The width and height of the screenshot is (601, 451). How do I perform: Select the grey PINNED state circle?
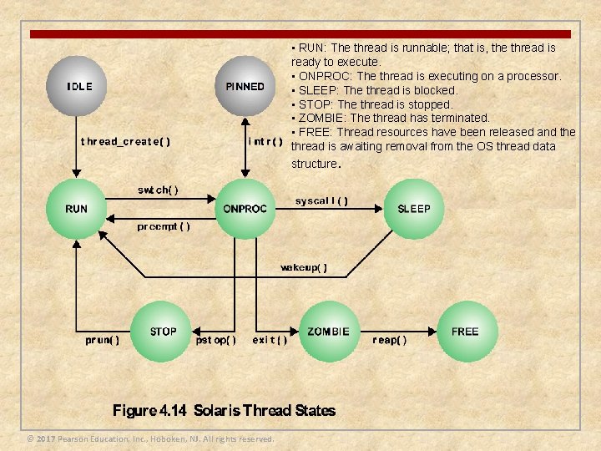click(245, 87)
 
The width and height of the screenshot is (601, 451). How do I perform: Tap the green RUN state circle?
click(76, 209)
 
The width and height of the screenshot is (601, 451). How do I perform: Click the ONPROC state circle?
click(245, 209)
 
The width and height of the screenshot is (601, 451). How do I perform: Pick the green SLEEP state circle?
click(414, 209)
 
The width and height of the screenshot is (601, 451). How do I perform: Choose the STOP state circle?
click(163, 332)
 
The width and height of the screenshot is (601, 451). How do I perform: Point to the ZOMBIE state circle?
click(328, 332)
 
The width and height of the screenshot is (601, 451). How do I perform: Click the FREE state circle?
click(465, 332)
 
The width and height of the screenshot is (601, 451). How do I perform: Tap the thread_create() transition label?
click(125, 142)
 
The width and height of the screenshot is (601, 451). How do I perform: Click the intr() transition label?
click(266, 141)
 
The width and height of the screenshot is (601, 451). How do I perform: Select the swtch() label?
click(158, 190)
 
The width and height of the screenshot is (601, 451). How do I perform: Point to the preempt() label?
click(164, 226)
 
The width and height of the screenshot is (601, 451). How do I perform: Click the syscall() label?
click(322, 201)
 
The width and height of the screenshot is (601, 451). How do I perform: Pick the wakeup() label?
click(304, 268)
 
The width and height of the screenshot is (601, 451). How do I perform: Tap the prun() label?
click(103, 340)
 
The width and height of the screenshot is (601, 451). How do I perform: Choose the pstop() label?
click(215, 340)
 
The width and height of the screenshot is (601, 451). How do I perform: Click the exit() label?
click(270, 340)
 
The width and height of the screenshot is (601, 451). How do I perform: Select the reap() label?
click(390, 340)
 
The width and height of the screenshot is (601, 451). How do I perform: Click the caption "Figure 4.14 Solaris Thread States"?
click(224, 410)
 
